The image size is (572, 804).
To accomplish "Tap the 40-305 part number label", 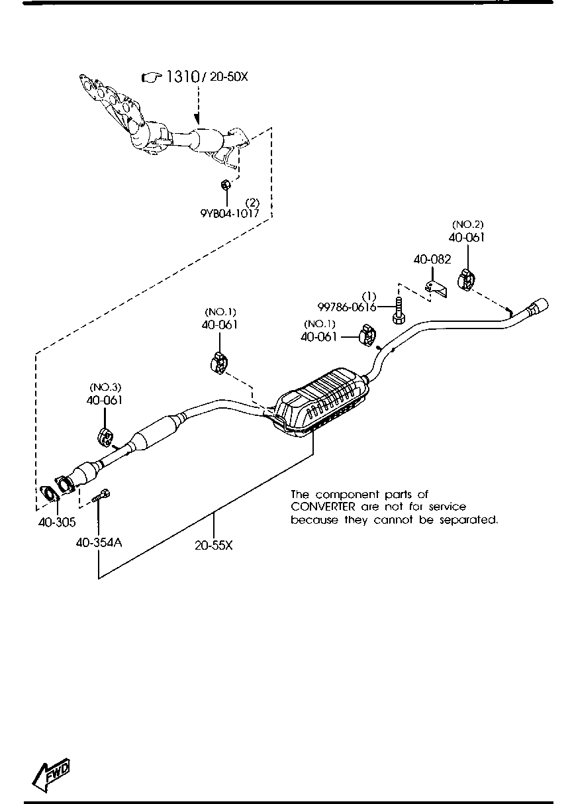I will tap(56, 522).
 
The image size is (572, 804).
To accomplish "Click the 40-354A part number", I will tap(99, 542).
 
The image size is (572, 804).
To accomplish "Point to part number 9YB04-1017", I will tap(230, 213).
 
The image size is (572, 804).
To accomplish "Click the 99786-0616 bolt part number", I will tap(347, 307).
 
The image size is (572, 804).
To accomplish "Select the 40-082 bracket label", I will tap(432, 260).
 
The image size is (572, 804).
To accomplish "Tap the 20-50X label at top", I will tap(228, 77).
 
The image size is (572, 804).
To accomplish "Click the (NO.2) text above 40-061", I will tap(467, 225).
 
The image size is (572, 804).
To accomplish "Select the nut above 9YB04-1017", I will tap(225, 183).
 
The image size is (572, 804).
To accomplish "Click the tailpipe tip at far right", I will tap(537, 307).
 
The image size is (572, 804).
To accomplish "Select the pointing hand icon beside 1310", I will tap(152, 77).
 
